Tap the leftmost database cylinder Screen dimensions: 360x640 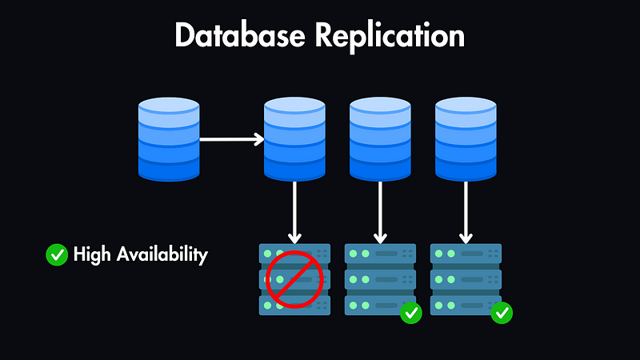point(169,139)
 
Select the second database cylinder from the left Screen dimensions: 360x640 point(295,139)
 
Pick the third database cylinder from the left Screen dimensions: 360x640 point(380,139)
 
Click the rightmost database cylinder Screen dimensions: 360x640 point(466,139)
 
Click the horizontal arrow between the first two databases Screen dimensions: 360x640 point(231,139)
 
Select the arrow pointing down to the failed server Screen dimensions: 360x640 point(295,212)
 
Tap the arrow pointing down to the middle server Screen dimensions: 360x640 point(380,212)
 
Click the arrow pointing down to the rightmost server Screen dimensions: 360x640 point(466,212)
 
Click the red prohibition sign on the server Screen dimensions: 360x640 point(294,279)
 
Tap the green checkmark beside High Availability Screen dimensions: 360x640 point(57,255)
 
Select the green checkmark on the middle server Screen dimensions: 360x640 point(411,313)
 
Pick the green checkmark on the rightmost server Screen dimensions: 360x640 point(502,313)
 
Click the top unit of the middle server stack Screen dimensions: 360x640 point(380,254)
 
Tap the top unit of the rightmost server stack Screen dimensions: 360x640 point(466,254)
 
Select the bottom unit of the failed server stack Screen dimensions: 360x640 point(295,306)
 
